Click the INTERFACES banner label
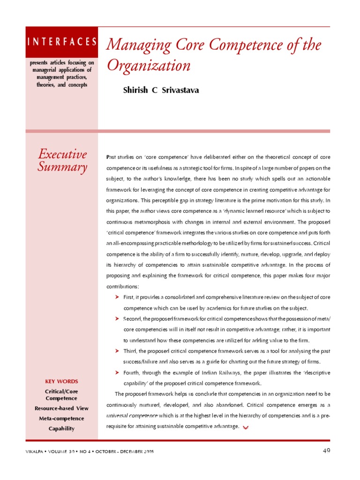(62, 42)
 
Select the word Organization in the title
(149, 66)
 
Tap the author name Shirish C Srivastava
(161, 90)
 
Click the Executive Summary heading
(62, 160)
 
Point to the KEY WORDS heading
(61, 382)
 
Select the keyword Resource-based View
(61, 408)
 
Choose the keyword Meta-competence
(61, 418)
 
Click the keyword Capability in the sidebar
(61, 428)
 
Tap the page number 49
(327, 451)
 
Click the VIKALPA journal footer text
(89, 451)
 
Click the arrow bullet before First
(117, 297)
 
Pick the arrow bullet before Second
(117, 319)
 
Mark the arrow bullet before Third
(117, 351)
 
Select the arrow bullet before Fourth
(117, 372)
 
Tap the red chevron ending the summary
(246, 427)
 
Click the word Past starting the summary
(112, 157)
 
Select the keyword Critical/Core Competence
(61, 395)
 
